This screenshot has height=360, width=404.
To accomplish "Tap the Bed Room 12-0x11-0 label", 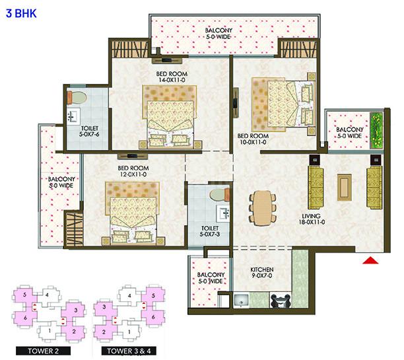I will click(x=133, y=172).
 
